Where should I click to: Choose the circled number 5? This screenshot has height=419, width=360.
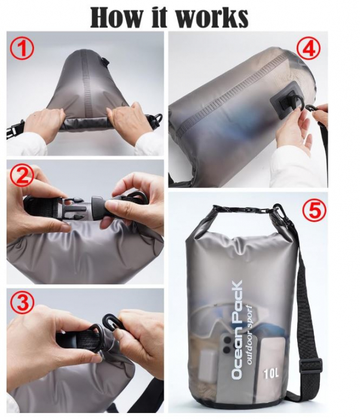[313, 211]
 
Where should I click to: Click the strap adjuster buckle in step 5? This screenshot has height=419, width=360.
[312, 365]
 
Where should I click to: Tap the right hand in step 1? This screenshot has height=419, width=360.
[129, 123]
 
